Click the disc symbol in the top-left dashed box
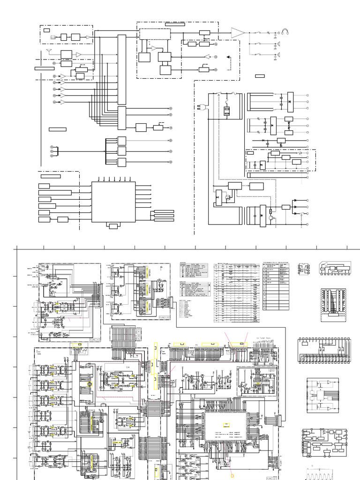[x=52, y=37]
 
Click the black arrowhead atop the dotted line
[x=229, y=57]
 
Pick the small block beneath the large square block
[x=113, y=226]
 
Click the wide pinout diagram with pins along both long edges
[x=323, y=349]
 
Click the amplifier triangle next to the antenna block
[x=78, y=55]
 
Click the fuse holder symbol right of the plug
[x=227, y=112]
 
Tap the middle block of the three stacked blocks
[x=122, y=151]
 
